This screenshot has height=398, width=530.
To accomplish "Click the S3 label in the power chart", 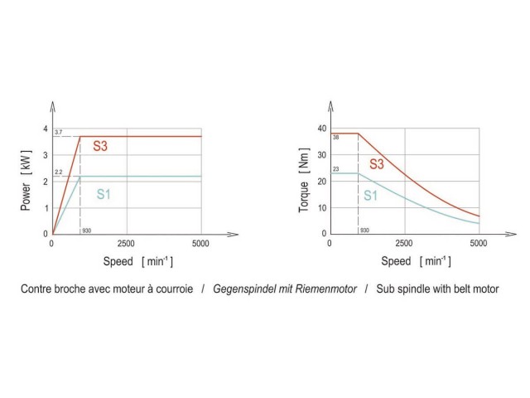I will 100,147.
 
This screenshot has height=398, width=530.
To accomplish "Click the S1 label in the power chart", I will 104,195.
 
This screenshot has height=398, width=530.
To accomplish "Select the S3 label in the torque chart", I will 376,164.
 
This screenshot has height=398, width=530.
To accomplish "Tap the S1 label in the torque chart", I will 370,197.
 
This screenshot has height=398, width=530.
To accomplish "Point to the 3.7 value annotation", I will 58,133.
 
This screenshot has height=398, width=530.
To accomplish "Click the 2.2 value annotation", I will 58,172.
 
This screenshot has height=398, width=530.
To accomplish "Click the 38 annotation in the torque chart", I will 336,138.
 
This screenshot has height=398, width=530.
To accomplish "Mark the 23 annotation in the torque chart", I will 336,169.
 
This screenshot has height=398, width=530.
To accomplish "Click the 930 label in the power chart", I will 87,230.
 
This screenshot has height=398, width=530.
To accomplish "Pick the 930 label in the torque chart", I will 364,230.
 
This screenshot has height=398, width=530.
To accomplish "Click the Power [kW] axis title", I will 26,181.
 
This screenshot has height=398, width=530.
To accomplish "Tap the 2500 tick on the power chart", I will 126,244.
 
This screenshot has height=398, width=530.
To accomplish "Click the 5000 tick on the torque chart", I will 479,244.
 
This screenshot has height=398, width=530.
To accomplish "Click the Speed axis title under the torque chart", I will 397,261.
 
